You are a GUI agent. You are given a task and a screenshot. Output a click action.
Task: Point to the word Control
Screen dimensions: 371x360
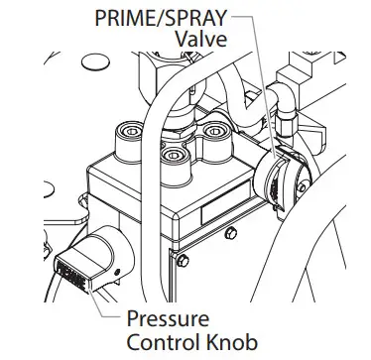tap(160, 342)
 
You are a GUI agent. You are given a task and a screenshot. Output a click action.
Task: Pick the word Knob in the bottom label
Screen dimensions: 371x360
tap(227, 342)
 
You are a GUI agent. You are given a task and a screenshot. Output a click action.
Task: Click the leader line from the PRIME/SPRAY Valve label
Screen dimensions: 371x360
tap(260, 89)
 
